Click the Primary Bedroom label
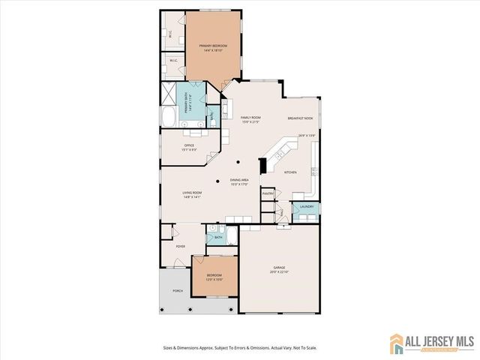tap(213, 46)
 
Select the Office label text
tap(189, 145)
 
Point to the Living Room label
tap(192, 193)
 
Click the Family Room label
tap(250, 118)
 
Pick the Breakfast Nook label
tap(299, 118)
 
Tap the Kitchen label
tap(290, 172)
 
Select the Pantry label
tap(268, 193)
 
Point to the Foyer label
tap(180, 245)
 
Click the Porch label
tap(178, 290)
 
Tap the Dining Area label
tap(240, 180)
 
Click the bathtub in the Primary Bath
tap(169, 118)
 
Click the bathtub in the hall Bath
tap(232, 237)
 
